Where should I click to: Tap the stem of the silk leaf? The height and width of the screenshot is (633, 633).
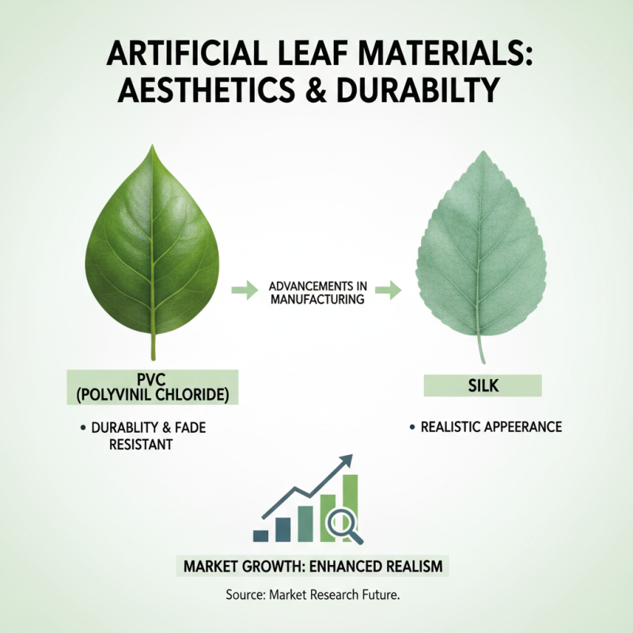[479, 348]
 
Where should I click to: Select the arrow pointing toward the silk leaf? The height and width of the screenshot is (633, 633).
[387, 291]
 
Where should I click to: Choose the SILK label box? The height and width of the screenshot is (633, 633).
[483, 385]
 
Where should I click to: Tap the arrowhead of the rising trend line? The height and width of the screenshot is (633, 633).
[345, 461]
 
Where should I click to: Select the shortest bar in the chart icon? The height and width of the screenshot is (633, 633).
[260, 536]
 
